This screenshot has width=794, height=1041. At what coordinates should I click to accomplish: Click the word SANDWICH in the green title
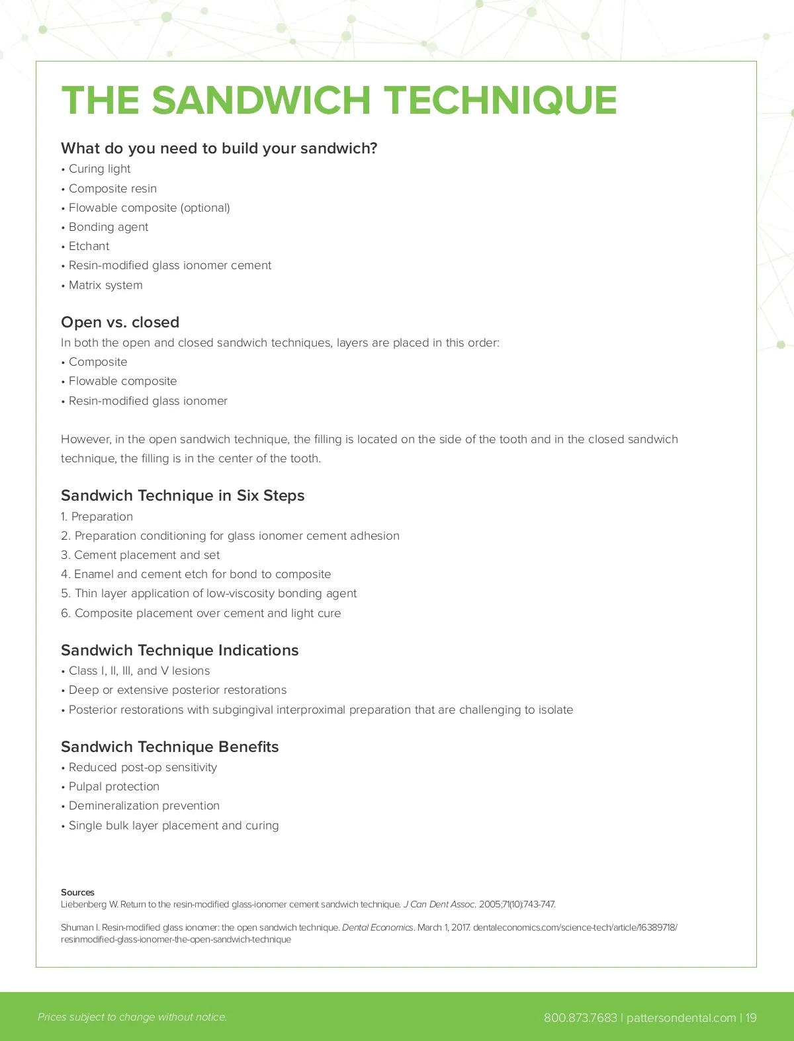[x=261, y=101]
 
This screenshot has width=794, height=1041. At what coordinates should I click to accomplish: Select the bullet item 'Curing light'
[x=99, y=169]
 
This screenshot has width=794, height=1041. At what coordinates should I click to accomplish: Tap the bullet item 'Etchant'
[x=89, y=247]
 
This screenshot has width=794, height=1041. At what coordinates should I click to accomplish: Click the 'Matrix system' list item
[x=105, y=285]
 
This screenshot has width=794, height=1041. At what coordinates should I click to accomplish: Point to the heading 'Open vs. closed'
[x=120, y=322]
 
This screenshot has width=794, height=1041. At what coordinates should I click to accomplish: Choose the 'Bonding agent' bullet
[x=109, y=228]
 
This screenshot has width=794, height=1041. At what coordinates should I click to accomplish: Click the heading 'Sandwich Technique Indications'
[x=179, y=650]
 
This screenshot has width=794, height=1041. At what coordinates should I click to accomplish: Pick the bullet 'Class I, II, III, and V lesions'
[x=139, y=671]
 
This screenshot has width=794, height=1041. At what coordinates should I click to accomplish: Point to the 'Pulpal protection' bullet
[x=114, y=786]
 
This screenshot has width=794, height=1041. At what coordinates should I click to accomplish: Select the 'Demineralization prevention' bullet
[x=144, y=806]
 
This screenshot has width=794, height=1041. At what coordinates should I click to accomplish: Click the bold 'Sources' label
[x=77, y=892]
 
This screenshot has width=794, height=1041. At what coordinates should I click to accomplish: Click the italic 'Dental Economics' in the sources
[x=377, y=927]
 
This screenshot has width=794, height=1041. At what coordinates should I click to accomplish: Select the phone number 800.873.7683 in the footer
[x=580, y=1017]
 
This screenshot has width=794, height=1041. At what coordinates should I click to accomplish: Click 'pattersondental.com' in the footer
[x=681, y=1017]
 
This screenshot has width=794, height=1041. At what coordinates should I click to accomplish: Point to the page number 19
[x=751, y=1017]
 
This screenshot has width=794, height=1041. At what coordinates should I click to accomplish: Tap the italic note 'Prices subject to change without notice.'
[x=132, y=1017]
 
